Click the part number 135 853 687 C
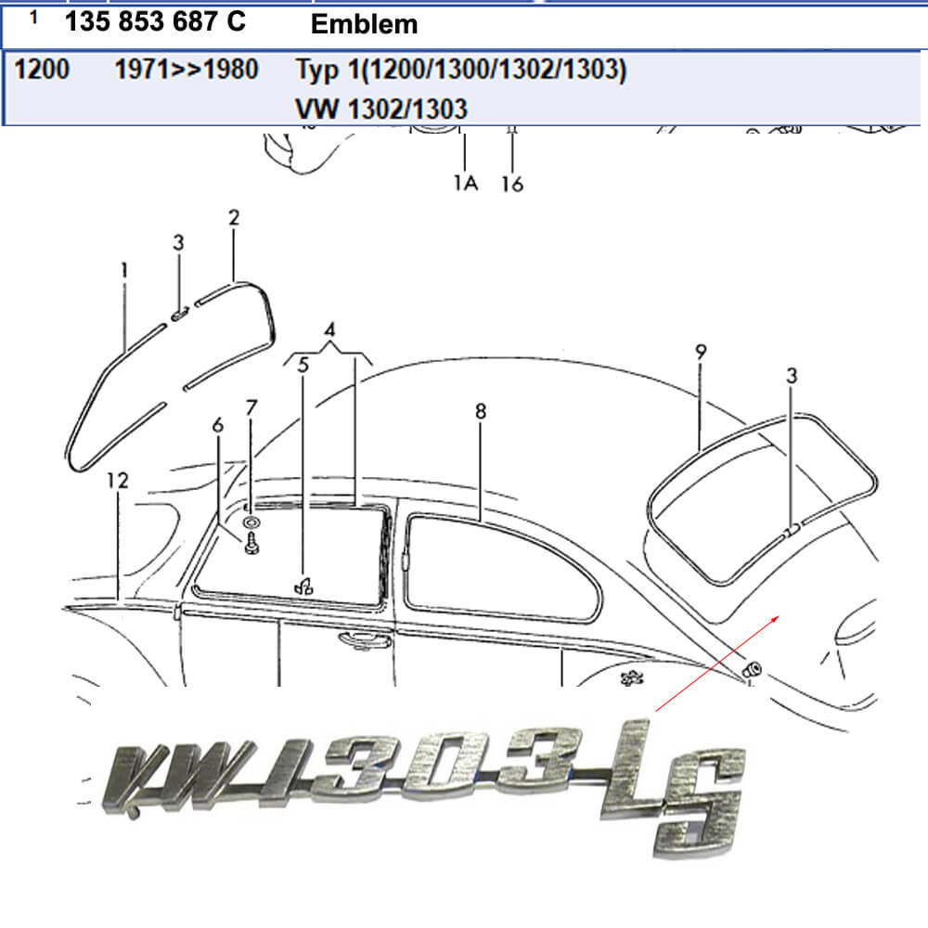point(155,22)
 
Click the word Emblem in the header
point(364,24)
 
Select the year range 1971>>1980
point(187,70)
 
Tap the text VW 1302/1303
point(381,109)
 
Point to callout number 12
point(117,480)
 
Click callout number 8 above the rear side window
point(481,411)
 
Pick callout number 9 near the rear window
point(701,352)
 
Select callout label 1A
point(466,183)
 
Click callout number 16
point(512,184)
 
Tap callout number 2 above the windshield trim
point(234,217)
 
